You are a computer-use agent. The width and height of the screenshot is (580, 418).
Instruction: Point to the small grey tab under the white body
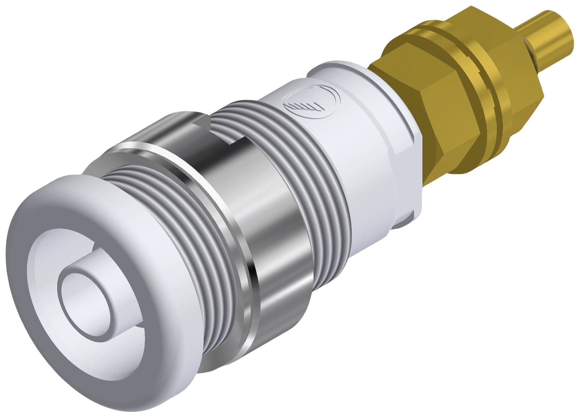[403, 222]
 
